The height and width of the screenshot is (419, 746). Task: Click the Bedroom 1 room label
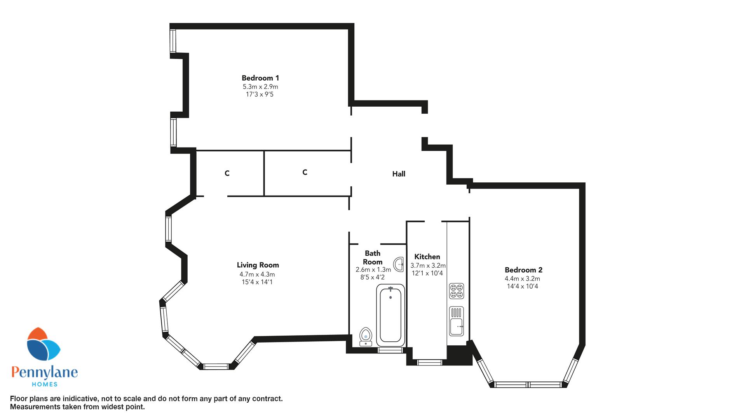(x=260, y=78)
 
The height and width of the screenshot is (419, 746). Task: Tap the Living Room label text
(x=258, y=265)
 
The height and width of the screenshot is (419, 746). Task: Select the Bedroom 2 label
(x=523, y=270)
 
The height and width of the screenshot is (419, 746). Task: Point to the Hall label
(x=399, y=174)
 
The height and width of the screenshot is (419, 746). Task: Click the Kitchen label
(x=427, y=257)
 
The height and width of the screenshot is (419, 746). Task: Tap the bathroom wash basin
(x=398, y=265)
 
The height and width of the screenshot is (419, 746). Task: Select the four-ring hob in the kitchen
(x=457, y=291)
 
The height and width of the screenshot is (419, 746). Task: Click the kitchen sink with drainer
(x=457, y=321)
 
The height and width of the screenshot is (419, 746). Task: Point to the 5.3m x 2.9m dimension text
(x=260, y=87)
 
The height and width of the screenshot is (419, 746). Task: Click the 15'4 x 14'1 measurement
(x=257, y=282)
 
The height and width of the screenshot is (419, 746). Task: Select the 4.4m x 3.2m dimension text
(x=523, y=279)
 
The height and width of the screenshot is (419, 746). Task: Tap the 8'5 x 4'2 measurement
(x=373, y=277)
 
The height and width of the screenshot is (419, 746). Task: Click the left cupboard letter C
(x=227, y=173)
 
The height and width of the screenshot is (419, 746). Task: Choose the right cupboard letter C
(x=305, y=172)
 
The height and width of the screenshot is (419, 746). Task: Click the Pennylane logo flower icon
(x=43, y=345)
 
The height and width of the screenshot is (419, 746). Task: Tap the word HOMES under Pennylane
(x=44, y=384)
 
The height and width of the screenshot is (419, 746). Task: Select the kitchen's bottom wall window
(x=430, y=363)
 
